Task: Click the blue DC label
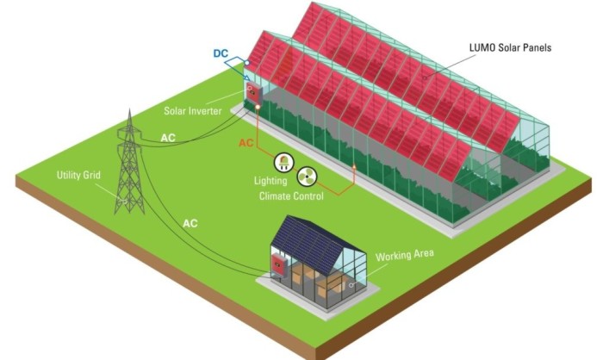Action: (x=221, y=53)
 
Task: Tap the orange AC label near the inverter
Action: (x=246, y=142)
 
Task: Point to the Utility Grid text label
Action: (x=79, y=175)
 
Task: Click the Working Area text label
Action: (x=405, y=254)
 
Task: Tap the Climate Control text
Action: (x=291, y=196)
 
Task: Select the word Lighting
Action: (x=270, y=182)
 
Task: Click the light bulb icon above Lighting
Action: (x=282, y=161)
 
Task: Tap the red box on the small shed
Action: (x=278, y=260)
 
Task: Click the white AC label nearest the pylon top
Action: (x=171, y=136)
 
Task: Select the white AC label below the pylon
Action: (x=190, y=223)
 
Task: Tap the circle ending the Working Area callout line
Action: (x=351, y=283)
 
